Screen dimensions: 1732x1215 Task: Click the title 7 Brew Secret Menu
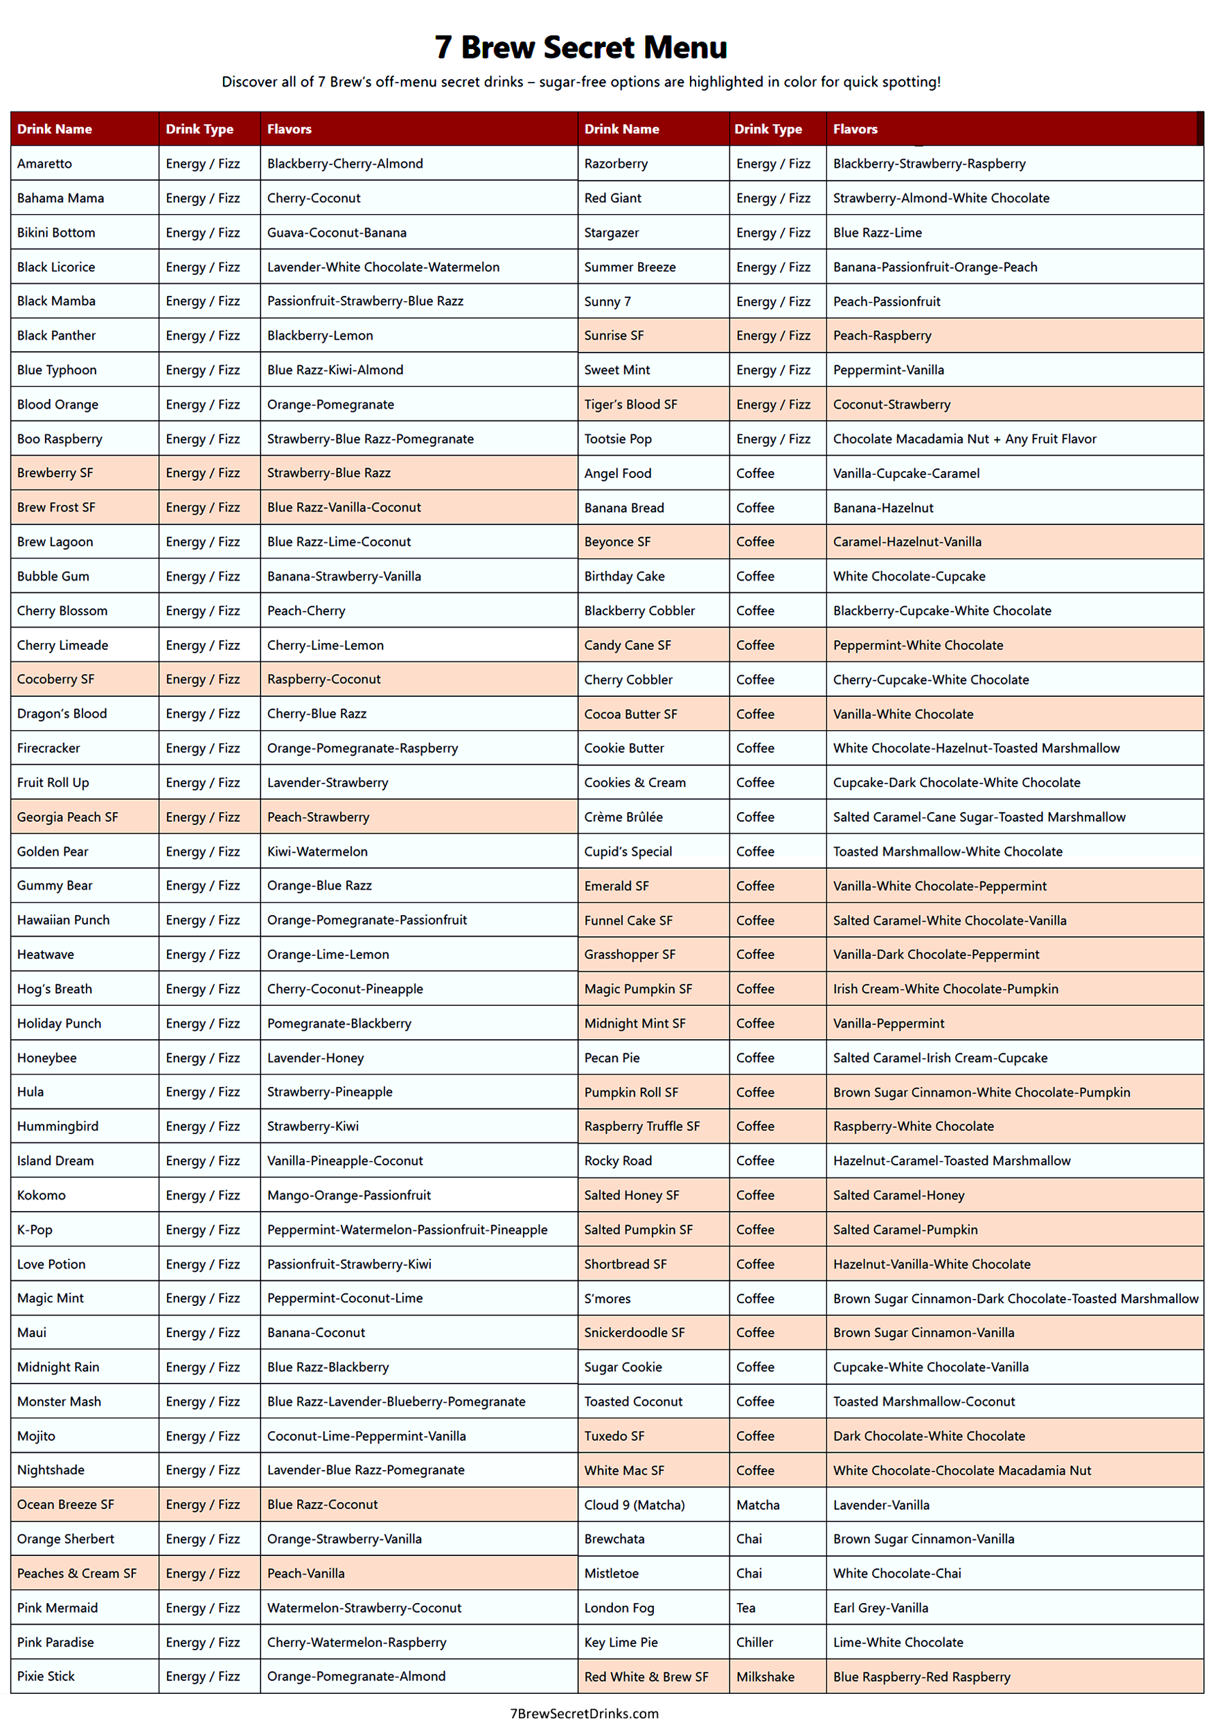[580, 48]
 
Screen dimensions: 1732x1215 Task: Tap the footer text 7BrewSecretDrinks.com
[584, 1713]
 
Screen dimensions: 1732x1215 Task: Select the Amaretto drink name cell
[44, 164]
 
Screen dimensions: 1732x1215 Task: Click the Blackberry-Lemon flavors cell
[320, 336]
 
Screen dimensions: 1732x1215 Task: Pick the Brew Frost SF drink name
[57, 508]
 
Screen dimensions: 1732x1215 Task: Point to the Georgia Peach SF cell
[67, 817]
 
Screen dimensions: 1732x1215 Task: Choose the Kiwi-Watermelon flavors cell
[317, 851]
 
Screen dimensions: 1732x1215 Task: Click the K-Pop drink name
[35, 1230]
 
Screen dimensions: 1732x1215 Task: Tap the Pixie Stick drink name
[46, 1676]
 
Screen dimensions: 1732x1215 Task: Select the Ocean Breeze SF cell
[66, 1504]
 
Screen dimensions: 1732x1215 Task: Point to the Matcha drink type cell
[758, 1505]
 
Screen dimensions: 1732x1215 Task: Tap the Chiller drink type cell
[755, 1642]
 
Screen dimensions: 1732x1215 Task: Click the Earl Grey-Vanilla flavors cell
[880, 1607]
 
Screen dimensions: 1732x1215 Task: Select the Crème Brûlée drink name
[623, 817]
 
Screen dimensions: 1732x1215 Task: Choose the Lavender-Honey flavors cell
[315, 1058]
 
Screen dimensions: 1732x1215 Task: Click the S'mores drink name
[607, 1298]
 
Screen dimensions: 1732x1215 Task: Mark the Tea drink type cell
[746, 1607]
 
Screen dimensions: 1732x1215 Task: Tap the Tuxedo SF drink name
[614, 1436]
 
